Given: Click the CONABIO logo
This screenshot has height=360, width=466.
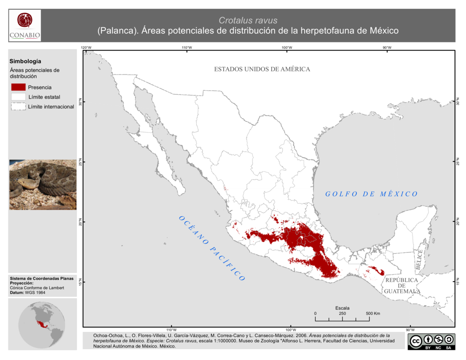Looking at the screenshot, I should coord(25,26).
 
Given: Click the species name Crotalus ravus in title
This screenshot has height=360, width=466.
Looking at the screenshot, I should coord(248,20).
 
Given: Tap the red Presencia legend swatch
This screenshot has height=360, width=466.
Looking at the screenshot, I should coord(19,87).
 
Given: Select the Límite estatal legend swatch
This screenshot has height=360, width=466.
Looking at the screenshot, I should coord(19,97).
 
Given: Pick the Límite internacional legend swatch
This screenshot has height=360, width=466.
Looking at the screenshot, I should coord(19,107).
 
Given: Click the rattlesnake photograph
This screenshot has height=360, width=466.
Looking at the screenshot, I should coord(43,184).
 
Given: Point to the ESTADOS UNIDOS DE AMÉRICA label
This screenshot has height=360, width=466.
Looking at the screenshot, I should coord(262,69).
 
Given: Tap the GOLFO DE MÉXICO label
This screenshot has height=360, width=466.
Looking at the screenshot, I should coord(371,194).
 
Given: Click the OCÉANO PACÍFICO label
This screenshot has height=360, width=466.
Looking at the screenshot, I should coord(212,248).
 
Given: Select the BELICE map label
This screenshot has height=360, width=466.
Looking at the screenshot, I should coord(419,260).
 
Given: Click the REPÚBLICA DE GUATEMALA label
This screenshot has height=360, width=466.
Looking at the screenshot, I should coord(402,286).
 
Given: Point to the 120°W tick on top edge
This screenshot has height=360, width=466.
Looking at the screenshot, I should coord(86,48).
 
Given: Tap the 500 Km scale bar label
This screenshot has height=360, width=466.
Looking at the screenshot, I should coord(373,313).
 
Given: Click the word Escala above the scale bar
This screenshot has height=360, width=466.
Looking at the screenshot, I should coord(342,308).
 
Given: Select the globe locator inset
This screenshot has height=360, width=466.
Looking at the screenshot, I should coord(42,324).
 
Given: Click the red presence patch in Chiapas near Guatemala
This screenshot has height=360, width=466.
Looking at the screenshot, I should coord(377,270).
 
